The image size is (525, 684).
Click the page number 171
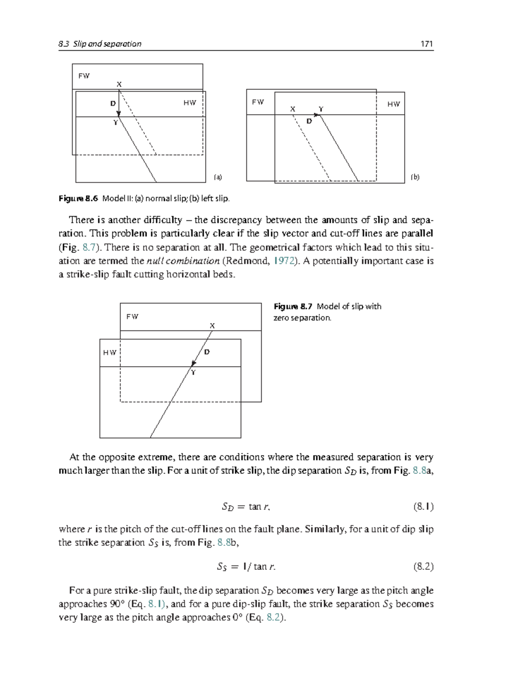pos(426,44)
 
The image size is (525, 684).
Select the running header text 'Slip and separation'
pos(107,44)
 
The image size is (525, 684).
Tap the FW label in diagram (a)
pos(84,76)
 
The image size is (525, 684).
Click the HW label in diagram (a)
pos(189,103)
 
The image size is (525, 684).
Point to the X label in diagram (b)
pos(293,109)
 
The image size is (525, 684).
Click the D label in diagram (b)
pos(309,121)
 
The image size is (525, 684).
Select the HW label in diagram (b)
pos(393,104)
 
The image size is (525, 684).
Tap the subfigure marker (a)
pos(217,177)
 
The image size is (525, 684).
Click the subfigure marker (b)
pos(415,177)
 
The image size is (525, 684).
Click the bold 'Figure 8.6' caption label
pos(78,199)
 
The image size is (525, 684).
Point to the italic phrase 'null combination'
pos(183,261)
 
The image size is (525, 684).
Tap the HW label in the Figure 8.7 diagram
pos(110,353)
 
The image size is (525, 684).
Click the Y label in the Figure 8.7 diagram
pos(193,372)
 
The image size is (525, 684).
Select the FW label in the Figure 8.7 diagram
pos(132,316)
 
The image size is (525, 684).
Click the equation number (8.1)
pos(423,507)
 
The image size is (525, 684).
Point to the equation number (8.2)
pos(423,567)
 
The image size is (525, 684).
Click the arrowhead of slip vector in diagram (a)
pos(119,114)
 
